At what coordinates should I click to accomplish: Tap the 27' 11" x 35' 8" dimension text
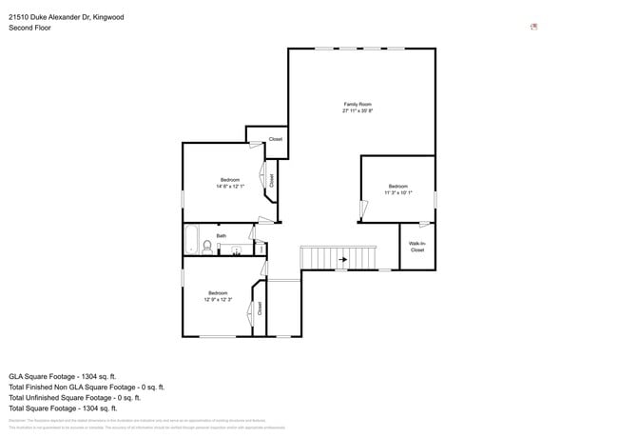(357, 110)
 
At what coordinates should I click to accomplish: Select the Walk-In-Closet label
(416, 247)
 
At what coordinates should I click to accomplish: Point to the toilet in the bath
(206, 247)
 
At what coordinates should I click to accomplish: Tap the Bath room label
(222, 235)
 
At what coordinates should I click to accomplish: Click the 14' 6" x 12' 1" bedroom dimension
(230, 187)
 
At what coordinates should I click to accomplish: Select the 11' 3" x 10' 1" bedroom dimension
(397, 192)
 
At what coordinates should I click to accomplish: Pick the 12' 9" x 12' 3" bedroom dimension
(218, 299)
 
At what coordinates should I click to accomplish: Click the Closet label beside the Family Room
(275, 139)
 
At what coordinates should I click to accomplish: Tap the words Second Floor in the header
(30, 28)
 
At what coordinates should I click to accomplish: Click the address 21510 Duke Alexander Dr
(66, 16)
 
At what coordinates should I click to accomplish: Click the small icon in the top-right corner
(534, 27)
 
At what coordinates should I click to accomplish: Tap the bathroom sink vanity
(236, 249)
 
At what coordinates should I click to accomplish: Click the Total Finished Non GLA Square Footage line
(87, 387)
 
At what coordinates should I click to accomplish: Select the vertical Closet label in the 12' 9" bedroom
(259, 308)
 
